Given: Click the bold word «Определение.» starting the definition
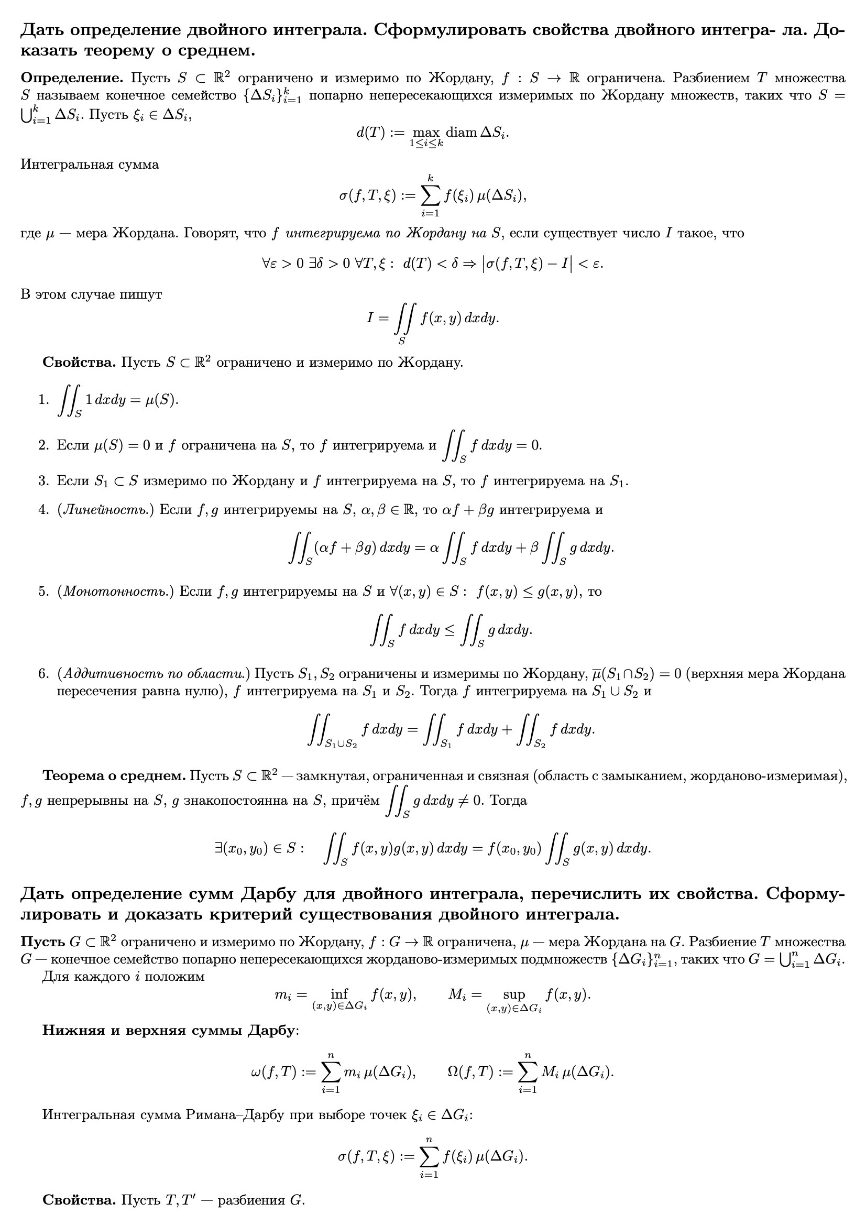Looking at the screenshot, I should pyautogui.click(x=71, y=79).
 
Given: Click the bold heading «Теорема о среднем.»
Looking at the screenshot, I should pyautogui.click(x=114, y=775).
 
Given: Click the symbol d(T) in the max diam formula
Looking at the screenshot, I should pyautogui.click(x=370, y=133).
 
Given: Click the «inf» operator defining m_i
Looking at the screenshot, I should pyautogui.click(x=339, y=993).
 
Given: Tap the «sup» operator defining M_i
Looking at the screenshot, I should pyautogui.click(x=513, y=993).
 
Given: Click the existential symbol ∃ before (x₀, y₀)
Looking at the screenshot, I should pyautogui.click(x=218, y=848).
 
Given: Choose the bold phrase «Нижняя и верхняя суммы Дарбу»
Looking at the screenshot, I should pyautogui.click(x=169, y=1030).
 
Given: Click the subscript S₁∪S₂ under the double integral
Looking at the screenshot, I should pyautogui.click(x=341, y=745).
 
